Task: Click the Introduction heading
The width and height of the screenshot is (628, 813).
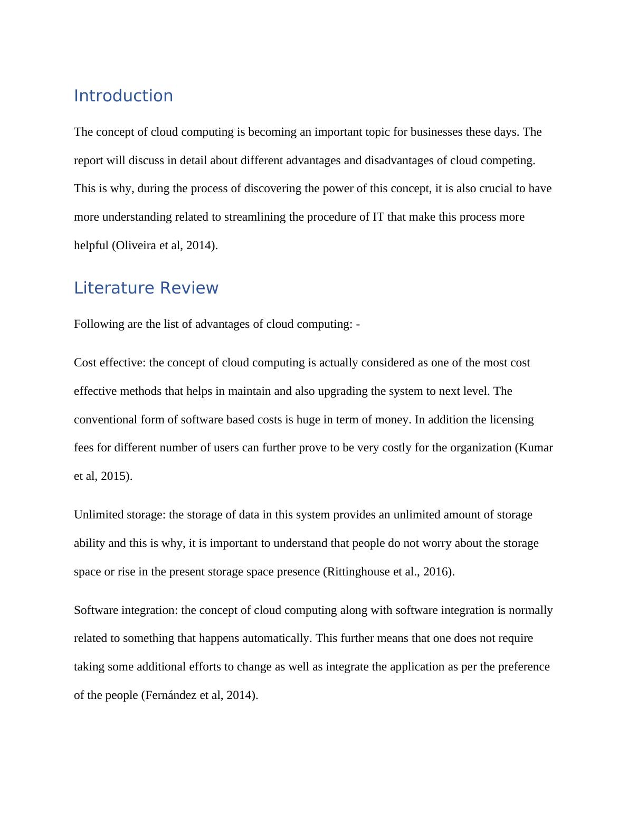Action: [x=123, y=96]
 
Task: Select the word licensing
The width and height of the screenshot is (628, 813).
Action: [x=511, y=420]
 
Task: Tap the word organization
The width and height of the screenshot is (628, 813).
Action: [x=478, y=448]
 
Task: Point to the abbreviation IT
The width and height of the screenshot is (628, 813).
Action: [x=378, y=217]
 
